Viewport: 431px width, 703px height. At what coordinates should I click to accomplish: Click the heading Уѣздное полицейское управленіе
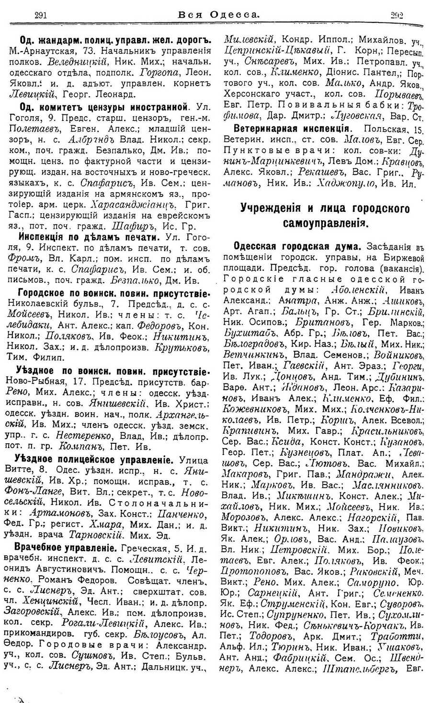click(94, 460)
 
